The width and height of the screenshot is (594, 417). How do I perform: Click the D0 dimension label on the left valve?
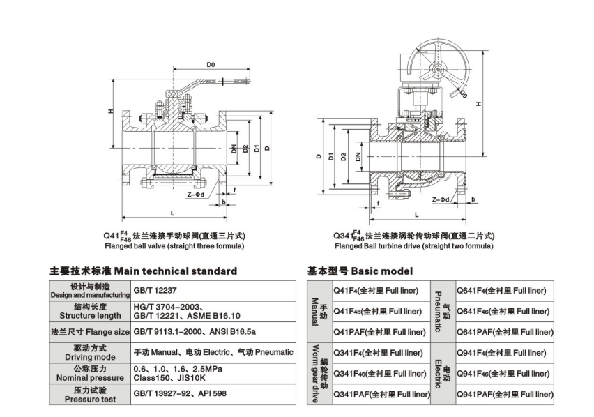coord(210,65)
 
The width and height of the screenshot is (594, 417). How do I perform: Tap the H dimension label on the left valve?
coord(111,112)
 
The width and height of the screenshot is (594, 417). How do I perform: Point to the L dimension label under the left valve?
coord(172,211)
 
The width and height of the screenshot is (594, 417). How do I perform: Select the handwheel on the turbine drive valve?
coord(434,70)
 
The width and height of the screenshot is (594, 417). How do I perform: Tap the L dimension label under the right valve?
coord(416,215)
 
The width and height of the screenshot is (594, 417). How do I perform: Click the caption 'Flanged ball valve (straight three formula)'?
coord(174,245)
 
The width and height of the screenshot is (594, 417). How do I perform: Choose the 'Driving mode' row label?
coord(89,352)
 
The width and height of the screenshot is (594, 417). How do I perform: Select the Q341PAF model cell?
coord(381,395)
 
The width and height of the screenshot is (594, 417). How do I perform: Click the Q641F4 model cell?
coord(500,290)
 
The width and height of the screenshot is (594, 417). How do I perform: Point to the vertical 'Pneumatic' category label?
coord(440,311)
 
